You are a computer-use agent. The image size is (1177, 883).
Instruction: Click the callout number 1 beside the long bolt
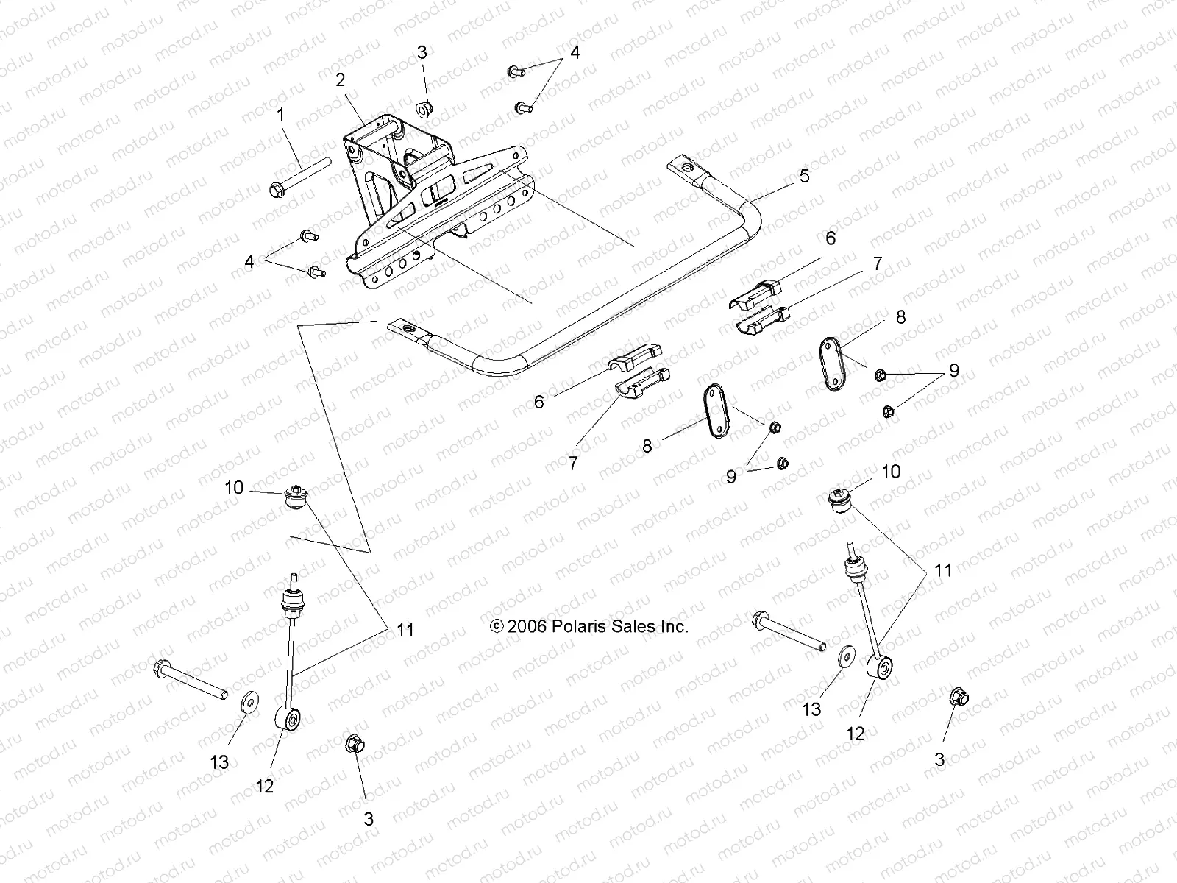[x=280, y=115]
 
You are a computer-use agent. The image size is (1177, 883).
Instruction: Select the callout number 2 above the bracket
[x=341, y=80]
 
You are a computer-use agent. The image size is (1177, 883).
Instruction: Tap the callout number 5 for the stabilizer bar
[x=805, y=176]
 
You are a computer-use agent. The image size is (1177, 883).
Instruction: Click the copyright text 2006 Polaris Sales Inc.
[x=589, y=627]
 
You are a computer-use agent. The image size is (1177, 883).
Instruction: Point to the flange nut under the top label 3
[x=424, y=109]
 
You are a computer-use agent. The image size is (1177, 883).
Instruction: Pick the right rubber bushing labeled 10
[x=839, y=501]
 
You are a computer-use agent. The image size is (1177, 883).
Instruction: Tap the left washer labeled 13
[x=248, y=702]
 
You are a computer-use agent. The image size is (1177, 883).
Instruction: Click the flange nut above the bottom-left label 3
[x=354, y=744]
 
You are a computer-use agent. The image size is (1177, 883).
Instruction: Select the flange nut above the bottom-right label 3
[x=958, y=695]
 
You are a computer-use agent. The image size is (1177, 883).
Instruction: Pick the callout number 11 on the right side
[x=943, y=570]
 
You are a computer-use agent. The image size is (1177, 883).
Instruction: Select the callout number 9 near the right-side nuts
[x=953, y=370]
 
